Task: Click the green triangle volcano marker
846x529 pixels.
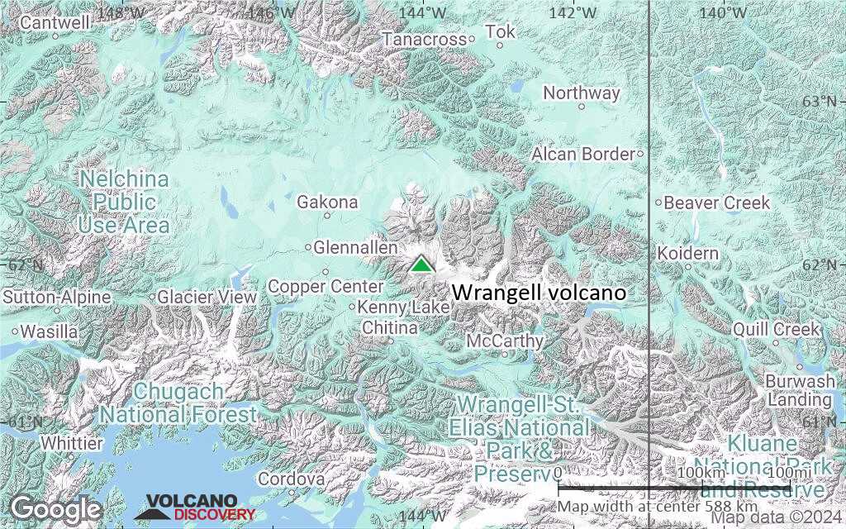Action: click(x=421, y=264)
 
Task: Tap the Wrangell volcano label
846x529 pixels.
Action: click(x=539, y=293)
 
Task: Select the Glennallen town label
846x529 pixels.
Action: click(x=356, y=247)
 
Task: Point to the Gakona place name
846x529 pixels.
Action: click(x=327, y=202)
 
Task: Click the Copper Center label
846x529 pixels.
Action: click(x=326, y=286)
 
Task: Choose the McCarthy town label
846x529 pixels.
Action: click(x=505, y=341)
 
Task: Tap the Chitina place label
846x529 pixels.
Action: click(x=390, y=328)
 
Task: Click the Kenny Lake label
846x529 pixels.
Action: click(x=403, y=307)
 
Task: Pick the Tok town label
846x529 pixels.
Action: click(x=500, y=31)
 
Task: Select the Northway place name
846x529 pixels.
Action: click(x=582, y=93)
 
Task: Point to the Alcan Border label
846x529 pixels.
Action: click(x=583, y=154)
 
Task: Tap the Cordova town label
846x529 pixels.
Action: click(x=291, y=479)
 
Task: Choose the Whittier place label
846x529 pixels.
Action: click(x=72, y=443)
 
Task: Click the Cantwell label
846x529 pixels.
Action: click(x=55, y=22)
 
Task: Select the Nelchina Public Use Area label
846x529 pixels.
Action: click(x=124, y=202)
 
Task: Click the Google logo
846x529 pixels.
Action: click(x=55, y=508)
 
